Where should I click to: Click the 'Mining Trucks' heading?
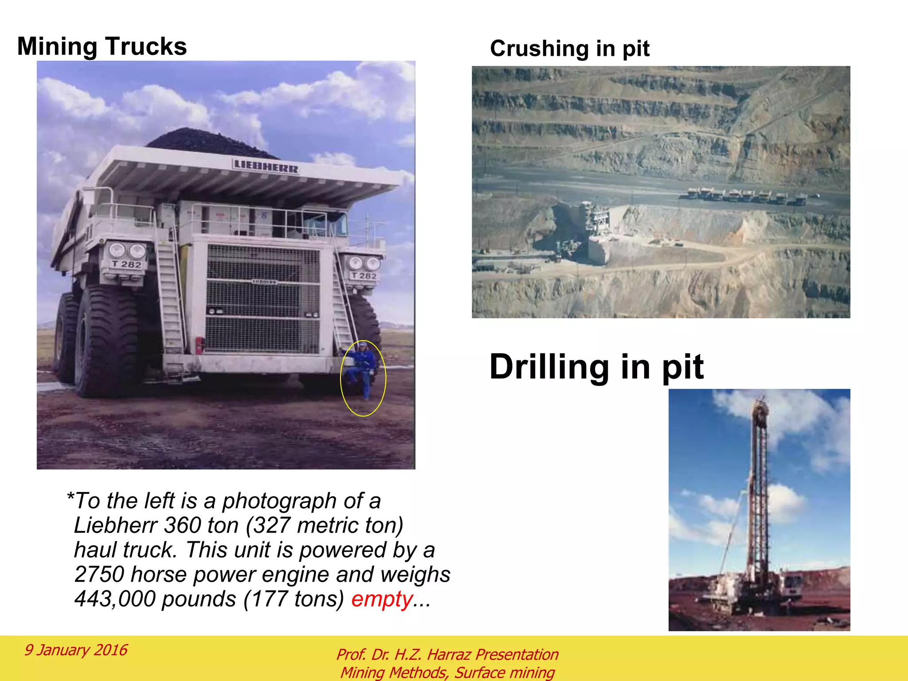(102, 47)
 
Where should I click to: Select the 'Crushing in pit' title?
(569, 48)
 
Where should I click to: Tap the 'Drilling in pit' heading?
(596, 367)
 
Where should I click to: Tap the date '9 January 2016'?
(76, 650)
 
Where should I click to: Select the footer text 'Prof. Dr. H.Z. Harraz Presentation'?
(447, 654)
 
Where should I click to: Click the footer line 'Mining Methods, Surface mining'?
(447, 673)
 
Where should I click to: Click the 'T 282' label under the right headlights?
(364, 276)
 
